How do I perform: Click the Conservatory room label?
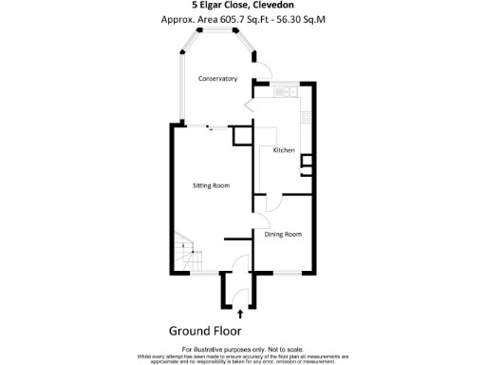point(217,79)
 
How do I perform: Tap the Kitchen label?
point(284,151)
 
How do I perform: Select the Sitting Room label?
point(211,185)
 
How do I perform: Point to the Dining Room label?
point(283,234)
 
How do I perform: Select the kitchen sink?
point(282,93)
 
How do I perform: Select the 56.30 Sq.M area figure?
point(300,19)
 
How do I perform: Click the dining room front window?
point(285,272)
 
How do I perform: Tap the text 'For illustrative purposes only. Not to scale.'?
point(242,350)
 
